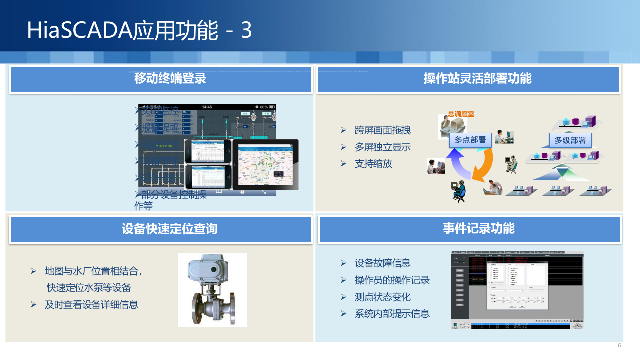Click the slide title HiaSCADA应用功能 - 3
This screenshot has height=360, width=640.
click(x=139, y=30)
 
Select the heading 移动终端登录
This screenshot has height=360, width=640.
click(x=170, y=79)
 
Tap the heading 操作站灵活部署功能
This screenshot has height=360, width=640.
click(x=477, y=79)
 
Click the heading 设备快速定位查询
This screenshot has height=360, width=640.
click(x=169, y=229)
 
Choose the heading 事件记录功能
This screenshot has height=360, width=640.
click(x=478, y=229)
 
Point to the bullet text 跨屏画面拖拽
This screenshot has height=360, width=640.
click(x=382, y=131)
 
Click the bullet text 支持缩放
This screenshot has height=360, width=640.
click(x=373, y=164)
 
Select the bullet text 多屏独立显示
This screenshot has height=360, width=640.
click(x=382, y=147)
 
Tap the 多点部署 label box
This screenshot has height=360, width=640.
click(x=470, y=140)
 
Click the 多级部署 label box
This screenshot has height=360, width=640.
click(x=570, y=140)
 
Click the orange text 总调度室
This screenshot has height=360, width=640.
click(x=461, y=114)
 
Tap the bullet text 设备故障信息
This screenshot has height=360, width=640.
click(x=382, y=263)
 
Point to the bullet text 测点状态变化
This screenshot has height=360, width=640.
click(x=382, y=297)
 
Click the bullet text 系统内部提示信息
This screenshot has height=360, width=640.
click(x=392, y=314)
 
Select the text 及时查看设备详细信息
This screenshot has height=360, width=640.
click(x=91, y=304)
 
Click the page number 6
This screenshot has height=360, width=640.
click(x=619, y=346)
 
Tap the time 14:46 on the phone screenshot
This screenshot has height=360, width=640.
click(x=207, y=107)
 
